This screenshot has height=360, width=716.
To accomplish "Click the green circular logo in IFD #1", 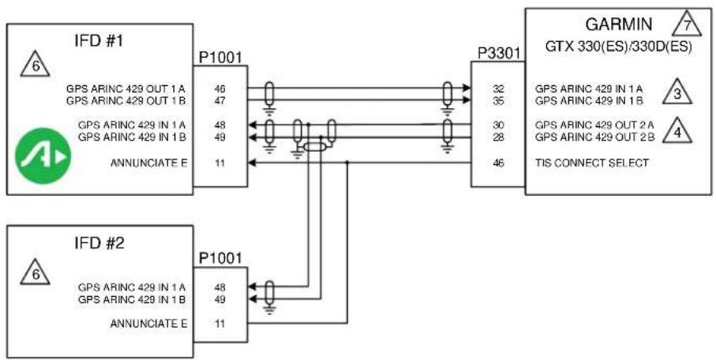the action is click(43, 156).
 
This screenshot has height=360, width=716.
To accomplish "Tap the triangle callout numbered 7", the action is click(686, 24).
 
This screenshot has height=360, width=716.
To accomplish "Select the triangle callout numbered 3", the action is click(677, 92).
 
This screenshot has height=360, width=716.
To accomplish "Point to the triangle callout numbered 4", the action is click(677, 131).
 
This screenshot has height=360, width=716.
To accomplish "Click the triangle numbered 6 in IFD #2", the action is click(36, 272).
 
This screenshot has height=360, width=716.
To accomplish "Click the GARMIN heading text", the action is click(619, 24).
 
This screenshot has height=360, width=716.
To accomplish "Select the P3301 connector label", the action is click(499, 54).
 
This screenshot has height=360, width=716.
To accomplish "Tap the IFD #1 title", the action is click(99, 41).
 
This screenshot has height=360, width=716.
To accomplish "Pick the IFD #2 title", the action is click(99, 243).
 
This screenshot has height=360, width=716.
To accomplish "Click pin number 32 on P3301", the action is click(498, 88).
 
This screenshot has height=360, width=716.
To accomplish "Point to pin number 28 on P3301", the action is click(498, 137).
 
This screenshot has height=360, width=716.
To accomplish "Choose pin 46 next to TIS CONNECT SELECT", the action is click(498, 163).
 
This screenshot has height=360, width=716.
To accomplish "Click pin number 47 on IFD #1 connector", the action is click(219, 100).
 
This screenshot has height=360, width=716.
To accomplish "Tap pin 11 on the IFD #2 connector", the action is click(219, 324).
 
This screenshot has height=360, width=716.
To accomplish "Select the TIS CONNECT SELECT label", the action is click(592, 163).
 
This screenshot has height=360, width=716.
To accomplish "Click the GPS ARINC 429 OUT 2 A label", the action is click(595, 125).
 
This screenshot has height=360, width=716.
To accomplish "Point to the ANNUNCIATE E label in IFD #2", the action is click(149, 324).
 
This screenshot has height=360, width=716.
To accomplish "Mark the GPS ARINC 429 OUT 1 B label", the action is click(126, 100).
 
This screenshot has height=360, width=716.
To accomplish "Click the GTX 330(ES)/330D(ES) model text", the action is click(619, 47).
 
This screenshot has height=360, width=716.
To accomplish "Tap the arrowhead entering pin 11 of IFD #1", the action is click(251, 163).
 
